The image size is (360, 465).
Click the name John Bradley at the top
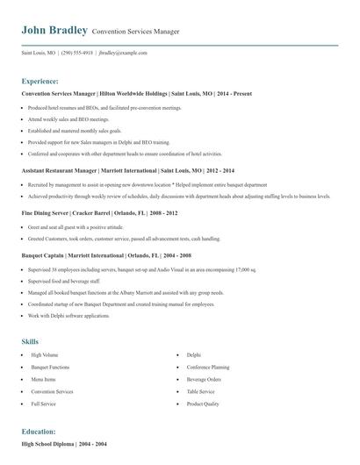[54, 31]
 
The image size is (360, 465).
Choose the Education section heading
[39, 432]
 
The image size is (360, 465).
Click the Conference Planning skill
[207, 367]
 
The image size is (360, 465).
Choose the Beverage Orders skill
[203, 379]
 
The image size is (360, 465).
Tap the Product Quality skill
[202, 404]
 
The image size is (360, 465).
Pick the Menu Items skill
[42, 379]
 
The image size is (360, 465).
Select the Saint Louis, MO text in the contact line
[38, 53]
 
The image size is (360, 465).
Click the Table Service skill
[200, 391]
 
